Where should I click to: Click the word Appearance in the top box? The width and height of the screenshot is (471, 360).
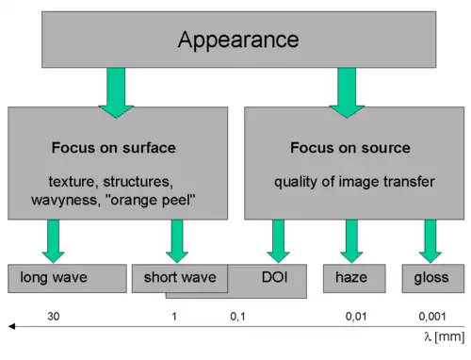click(238, 40)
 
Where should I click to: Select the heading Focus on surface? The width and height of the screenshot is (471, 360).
click(114, 148)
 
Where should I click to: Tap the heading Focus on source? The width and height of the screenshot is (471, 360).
click(350, 148)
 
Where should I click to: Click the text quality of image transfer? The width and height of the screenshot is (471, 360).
click(354, 182)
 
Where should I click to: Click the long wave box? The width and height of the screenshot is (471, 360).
click(67, 279)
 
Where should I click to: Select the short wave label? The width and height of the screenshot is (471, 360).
click(180, 277)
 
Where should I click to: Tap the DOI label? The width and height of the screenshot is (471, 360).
click(274, 277)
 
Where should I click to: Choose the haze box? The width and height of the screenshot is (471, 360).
click(354, 279)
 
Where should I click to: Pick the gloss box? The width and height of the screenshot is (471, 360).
click(433, 279)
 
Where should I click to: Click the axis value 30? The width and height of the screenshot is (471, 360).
click(54, 317)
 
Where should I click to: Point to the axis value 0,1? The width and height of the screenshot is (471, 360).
click(237, 317)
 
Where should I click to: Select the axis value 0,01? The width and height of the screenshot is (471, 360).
click(356, 317)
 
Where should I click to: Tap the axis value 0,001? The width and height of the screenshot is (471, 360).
click(432, 317)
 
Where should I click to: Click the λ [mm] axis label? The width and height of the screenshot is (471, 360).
click(445, 336)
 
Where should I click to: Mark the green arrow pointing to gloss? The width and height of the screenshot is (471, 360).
click(430, 241)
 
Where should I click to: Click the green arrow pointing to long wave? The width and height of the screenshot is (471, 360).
click(53, 241)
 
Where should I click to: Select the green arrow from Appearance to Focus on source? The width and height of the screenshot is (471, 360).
click(347, 93)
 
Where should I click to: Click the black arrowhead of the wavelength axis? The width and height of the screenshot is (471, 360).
click(11, 326)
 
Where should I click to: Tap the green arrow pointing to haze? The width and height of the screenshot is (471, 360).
click(351, 241)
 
